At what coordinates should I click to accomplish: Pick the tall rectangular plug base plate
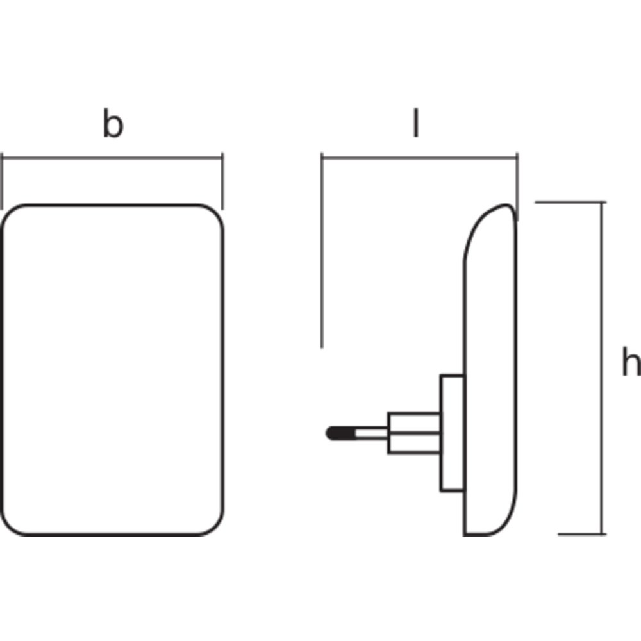(x=452, y=434)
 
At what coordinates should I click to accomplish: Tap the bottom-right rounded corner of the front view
(x=212, y=522)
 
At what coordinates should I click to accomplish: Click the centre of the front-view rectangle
(x=113, y=370)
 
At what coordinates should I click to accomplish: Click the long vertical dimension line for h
(x=603, y=369)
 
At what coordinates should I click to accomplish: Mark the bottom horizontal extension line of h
(x=580, y=533)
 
